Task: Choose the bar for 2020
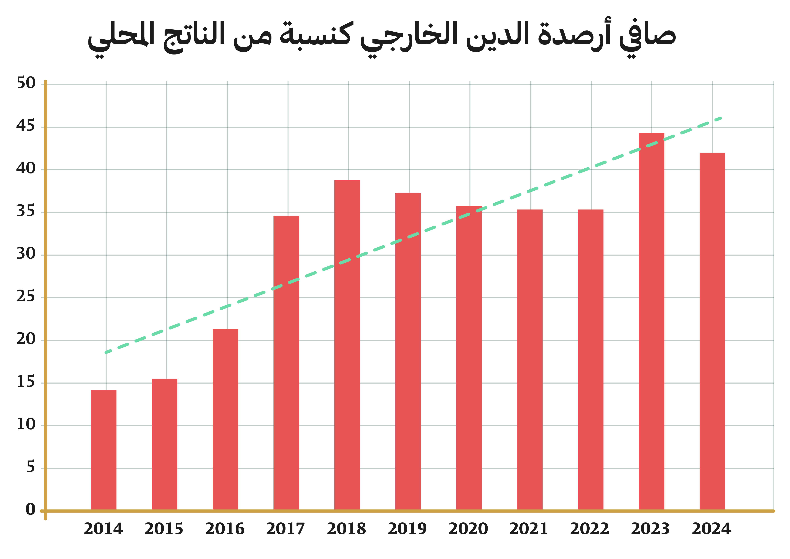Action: coord(469,358)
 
